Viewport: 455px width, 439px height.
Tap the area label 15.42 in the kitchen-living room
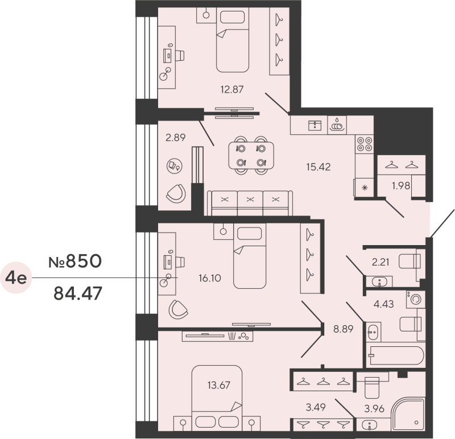click(x=318, y=167)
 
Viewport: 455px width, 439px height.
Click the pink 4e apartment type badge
click(x=16, y=278)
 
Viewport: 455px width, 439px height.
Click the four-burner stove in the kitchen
click(x=364, y=144)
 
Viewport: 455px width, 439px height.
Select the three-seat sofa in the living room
click(x=250, y=202)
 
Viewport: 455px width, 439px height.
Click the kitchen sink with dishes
click(x=338, y=125)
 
